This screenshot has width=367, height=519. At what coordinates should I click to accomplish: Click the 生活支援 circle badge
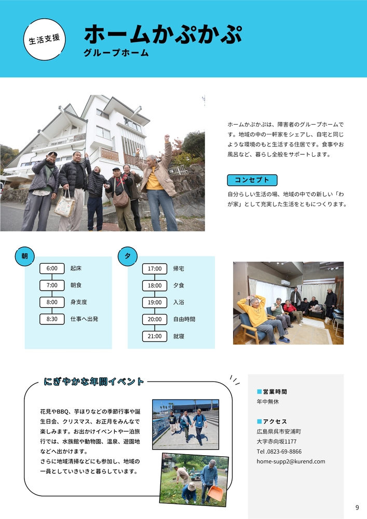pyautogui.click(x=44, y=39)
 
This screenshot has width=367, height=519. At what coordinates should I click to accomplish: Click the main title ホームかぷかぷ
pyautogui.click(x=163, y=34)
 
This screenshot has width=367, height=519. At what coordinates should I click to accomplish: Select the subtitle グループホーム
pyautogui.click(x=116, y=53)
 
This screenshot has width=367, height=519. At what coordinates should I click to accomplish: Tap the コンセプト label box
pyautogui.click(x=252, y=180)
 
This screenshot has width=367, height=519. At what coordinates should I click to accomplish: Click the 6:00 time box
pyautogui.click(x=52, y=268)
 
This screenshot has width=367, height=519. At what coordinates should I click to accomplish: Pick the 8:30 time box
pyautogui.click(x=52, y=319)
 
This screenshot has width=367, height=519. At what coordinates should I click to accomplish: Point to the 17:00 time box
pyautogui.click(x=155, y=269)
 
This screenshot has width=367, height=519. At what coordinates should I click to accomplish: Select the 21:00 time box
pyautogui.click(x=155, y=336)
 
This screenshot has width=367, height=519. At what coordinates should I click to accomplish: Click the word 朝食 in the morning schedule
pyautogui.click(x=76, y=285)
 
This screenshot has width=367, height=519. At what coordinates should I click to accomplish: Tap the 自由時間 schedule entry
pyautogui.click(x=184, y=319)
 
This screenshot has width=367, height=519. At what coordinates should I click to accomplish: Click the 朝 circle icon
pyautogui.click(x=25, y=256)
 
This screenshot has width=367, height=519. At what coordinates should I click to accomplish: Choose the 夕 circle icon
pyautogui.click(x=128, y=256)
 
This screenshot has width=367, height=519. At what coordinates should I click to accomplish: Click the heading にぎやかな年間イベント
pyautogui.click(x=94, y=381)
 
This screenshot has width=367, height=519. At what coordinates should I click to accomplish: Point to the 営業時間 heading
pyautogui.click(x=275, y=392)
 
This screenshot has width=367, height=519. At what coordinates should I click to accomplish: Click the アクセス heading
pyautogui.click(x=275, y=421)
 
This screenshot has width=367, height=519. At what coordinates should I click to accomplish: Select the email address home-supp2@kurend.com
pyautogui.click(x=291, y=461)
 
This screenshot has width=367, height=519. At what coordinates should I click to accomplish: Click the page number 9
pyautogui.click(x=357, y=508)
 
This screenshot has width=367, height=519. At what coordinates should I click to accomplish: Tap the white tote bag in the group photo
pyautogui.click(x=64, y=206)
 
